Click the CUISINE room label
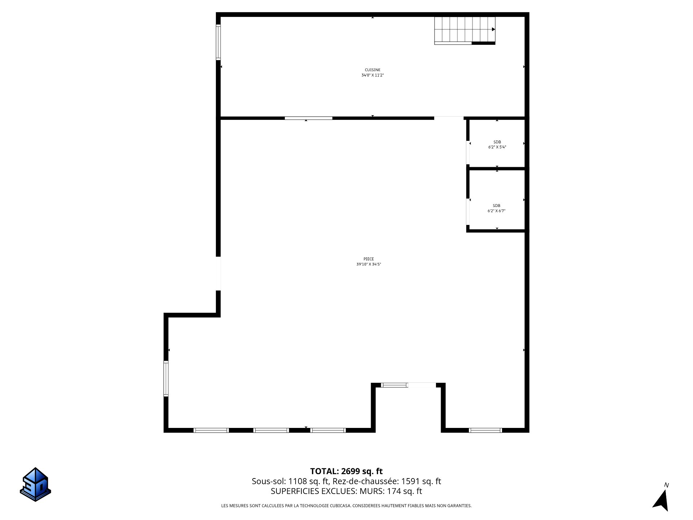372,70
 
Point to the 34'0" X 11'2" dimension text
372,75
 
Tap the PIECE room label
369,259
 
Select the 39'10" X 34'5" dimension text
369,264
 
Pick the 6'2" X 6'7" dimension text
497,211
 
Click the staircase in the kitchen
465,30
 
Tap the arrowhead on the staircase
493,30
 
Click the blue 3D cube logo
35,484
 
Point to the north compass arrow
662,501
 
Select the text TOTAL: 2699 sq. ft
346,471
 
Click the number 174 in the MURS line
394,491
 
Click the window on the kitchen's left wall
218,42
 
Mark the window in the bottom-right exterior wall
485,430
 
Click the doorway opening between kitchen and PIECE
449,118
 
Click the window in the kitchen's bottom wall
309,118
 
